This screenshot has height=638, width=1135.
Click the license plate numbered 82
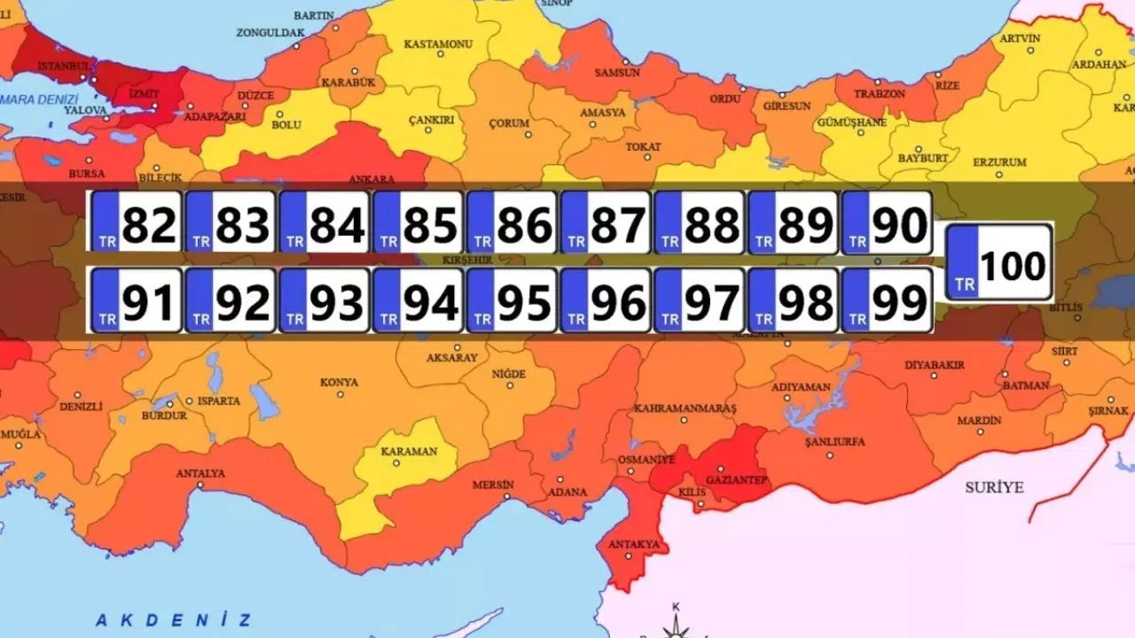pyautogui.click(x=137, y=222)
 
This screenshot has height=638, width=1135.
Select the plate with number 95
pyautogui.click(x=513, y=301)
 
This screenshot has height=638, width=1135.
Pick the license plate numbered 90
pyautogui.click(x=887, y=222)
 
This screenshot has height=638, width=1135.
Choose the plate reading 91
pyautogui.click(x=137, y=301)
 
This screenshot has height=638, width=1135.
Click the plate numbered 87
pyautogui.click(x=607, y=222)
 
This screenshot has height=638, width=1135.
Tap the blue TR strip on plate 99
pyautogui.click(x=856, y=301)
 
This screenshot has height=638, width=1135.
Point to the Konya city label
pyautogui.click(x=339, y=383)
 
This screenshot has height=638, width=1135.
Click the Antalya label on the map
pyautogui.click(x=200, y=473)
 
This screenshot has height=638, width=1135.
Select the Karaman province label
pyautogui.click(x=409, y=451)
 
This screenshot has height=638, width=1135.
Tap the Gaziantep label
pyautogui.click(x=735, y=480)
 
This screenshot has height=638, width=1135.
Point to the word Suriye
pyautogui.click(x=994, y=487)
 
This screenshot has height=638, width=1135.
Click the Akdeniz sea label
pyautogui.click(x=174, y=620)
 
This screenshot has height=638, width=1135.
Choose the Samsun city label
pyautogui.click(x=616, y=73)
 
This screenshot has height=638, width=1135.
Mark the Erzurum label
pyautogui.click(x=999, y=162)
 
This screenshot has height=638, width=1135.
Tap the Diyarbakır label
pyautogui.click(x=934, y=365)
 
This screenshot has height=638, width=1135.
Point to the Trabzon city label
pyautogui.click(x=881, y=94)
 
